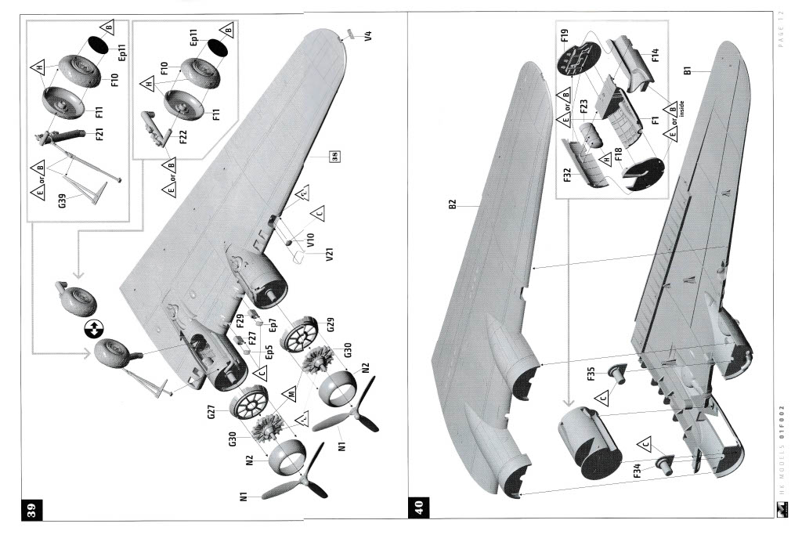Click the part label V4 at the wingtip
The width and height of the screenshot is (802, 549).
[367, 37]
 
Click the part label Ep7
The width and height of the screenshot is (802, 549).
[273, 321]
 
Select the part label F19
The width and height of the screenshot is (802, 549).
[563, 35]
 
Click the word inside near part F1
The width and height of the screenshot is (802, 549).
[681, 114]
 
